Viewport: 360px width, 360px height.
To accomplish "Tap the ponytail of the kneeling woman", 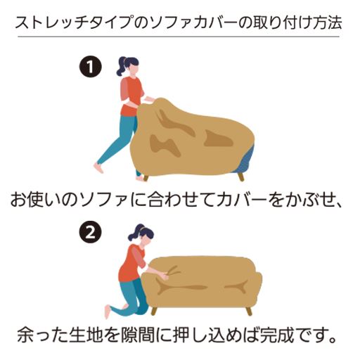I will click(x=133, y=233).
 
